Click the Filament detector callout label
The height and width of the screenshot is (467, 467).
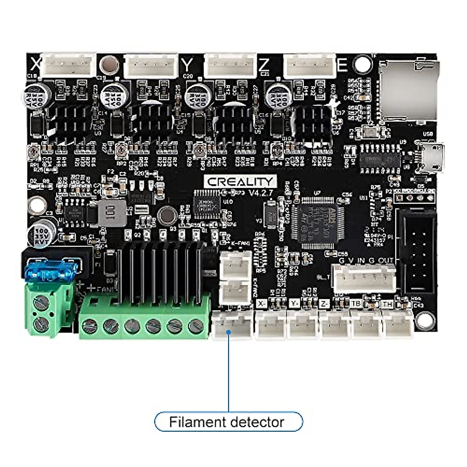228,422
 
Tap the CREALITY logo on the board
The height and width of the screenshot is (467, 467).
240,181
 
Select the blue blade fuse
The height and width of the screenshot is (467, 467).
50,270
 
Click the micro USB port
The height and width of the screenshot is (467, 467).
432,158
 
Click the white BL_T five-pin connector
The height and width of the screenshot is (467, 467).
364,278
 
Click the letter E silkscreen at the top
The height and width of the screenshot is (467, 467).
342,64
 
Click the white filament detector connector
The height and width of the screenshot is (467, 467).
232,324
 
